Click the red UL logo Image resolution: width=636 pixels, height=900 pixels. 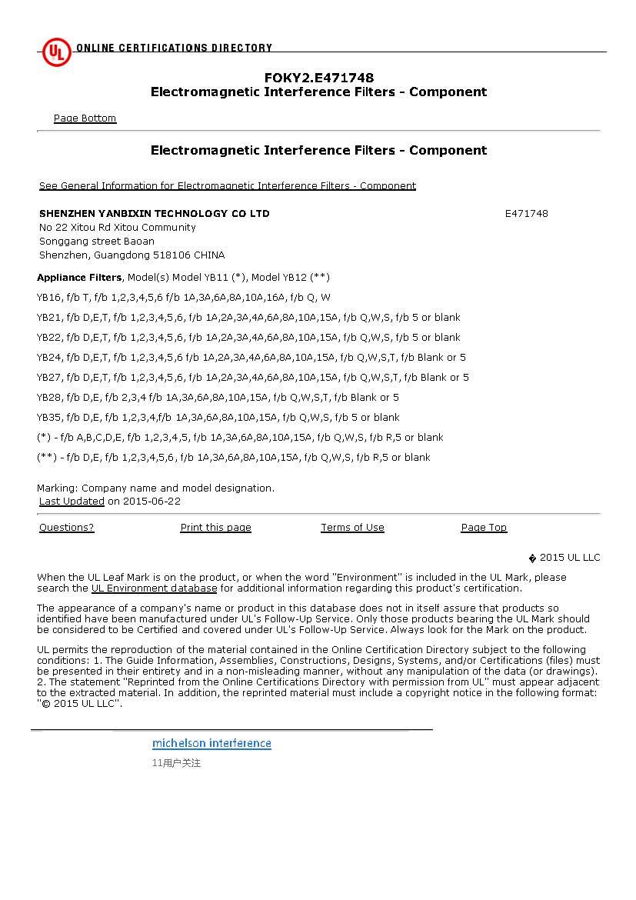pos(56,52)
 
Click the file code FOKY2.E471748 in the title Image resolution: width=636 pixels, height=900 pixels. pos(319,78)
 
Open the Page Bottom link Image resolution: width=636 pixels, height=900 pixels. pos(85,118)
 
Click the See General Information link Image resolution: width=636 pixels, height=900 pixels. pos(227,186)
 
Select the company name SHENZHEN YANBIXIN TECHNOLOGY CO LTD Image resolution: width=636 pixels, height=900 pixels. pos(154,214)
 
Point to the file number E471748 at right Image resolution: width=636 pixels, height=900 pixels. pos(526,214)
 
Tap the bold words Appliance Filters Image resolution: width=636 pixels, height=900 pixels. pos(78,278)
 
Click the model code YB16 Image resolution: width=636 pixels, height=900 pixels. pos(48,298)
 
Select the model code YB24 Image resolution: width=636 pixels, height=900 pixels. pos(48,358)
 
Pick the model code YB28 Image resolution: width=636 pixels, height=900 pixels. pos(48,398)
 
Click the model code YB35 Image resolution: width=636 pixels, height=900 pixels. pos(48,418)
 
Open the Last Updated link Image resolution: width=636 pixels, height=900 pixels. pos(72,502)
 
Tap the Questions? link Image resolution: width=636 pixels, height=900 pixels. pos(66,528)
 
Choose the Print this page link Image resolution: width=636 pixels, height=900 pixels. pos(215,528)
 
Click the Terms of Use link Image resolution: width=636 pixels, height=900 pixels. pos(352,528)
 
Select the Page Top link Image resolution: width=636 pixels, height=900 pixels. pos(484,528)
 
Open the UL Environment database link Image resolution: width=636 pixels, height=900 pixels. pos(154,588)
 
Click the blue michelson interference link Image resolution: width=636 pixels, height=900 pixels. pos(211,743)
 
